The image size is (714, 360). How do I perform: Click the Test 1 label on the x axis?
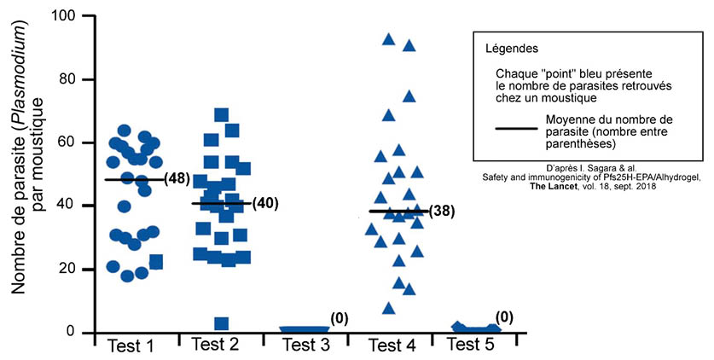[x=131, y=346]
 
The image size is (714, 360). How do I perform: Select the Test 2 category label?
[x=216, y=346]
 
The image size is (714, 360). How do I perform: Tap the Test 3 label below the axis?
[x=302, y=346]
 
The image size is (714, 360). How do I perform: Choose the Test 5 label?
[x=471, y=346]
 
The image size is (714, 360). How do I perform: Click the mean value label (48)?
[x=176, y=180]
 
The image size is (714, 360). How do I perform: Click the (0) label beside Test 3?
[x=339, y=318]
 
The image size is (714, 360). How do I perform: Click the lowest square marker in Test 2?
[x=221, y=324]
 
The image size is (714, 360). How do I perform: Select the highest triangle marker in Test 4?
[x=388, y=39]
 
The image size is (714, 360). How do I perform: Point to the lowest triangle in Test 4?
[x=389, y=309]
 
